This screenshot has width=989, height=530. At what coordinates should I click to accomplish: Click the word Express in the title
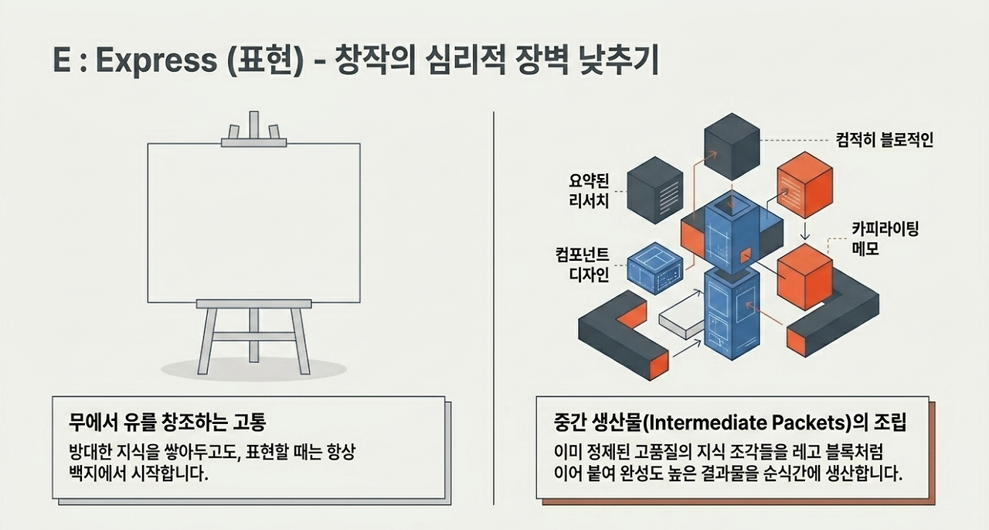tap(156, 60)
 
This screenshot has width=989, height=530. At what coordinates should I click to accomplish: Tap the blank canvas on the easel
tap(254, 223)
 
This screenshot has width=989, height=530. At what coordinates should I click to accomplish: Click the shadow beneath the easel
tap(253, 370)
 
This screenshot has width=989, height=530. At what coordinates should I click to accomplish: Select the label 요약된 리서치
tap(589, 191)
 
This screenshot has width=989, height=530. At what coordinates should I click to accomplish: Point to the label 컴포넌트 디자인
tap(583, 265)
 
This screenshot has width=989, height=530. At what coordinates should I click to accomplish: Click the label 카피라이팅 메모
tap(885, 239)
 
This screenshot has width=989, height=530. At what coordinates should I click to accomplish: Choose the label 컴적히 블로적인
tap(885, 140)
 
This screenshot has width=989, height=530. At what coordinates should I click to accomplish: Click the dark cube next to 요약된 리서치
tap(655, 190)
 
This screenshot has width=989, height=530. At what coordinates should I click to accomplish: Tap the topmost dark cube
tap(732, 146)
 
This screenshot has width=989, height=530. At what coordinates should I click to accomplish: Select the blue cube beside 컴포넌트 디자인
tap(655, 268)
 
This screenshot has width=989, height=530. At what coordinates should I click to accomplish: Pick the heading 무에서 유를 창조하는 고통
tap(168, 422)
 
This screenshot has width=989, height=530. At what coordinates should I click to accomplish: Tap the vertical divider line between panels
tap(494, 308)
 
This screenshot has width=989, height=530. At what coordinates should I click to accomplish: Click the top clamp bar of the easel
tap(254, 143)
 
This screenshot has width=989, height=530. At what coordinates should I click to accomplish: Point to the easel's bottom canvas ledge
tap(254, 303)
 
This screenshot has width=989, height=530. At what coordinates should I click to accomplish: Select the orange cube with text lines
tap(805, 185)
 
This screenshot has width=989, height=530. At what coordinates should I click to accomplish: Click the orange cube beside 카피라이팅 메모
tap(805, 277)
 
